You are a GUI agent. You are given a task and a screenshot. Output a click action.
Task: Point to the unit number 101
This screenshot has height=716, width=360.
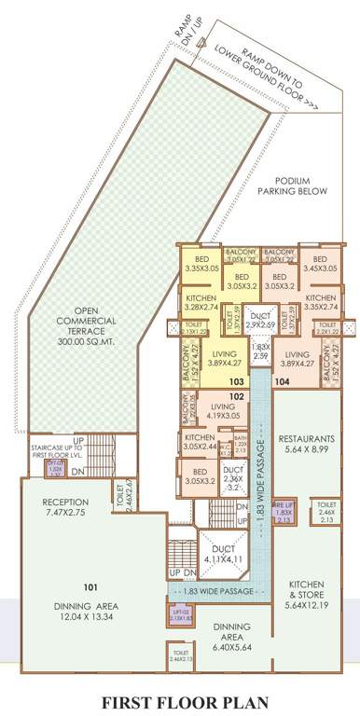click(x=90, y=588)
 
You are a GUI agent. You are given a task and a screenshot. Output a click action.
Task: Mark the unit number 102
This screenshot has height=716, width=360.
click(x=237, y=396)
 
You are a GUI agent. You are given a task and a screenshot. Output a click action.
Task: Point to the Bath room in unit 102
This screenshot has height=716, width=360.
click(x=240, y=443)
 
